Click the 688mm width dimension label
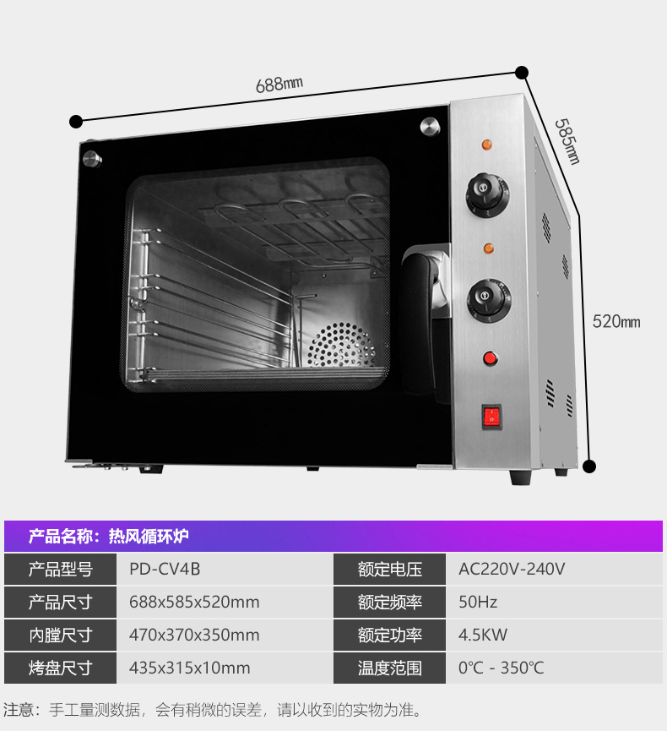279,85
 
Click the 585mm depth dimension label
567,140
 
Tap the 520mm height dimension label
616,321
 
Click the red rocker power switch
491,416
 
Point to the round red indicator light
489,359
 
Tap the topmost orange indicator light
486,144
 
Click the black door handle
419,321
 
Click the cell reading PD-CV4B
165,570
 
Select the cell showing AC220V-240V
512,570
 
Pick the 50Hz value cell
478,603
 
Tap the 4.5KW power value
483,636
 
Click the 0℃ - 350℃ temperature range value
502,668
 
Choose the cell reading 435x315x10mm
190,668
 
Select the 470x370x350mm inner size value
194,636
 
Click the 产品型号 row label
60,570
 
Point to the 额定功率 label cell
389,636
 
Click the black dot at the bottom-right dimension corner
590,466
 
